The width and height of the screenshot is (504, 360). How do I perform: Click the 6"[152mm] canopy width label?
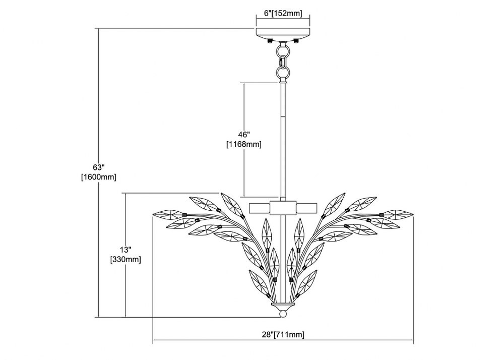(x=283, y=13)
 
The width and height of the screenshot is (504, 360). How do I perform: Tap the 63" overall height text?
(x=99, y=167)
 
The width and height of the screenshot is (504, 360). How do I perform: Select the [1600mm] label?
(x=99, y=177)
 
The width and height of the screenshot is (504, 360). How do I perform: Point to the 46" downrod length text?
(x=244, y=135)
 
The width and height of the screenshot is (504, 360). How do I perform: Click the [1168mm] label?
(x=244, y=145)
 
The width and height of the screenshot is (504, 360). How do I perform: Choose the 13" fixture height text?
(x=125, y=250)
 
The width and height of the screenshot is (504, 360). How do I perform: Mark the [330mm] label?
(x=125, y=259)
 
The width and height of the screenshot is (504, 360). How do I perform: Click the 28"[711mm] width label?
(x=283, y=335)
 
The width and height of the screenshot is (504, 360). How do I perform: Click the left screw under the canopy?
(x=270, y=40)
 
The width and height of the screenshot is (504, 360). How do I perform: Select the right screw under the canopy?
(x=296, y=40)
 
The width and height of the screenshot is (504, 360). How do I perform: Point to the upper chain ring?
(x=283, y=51)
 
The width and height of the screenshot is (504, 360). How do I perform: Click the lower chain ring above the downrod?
(x=283, y=72)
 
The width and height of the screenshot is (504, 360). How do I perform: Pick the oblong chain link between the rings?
(x=283, y=62)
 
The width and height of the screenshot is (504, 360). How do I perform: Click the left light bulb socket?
(x=260, y=208)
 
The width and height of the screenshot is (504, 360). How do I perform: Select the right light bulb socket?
(x=306, y=208)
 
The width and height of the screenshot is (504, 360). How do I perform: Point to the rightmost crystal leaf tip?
(x=413, y=213)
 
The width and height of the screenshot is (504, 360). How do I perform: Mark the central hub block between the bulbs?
(x=283, y=207)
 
